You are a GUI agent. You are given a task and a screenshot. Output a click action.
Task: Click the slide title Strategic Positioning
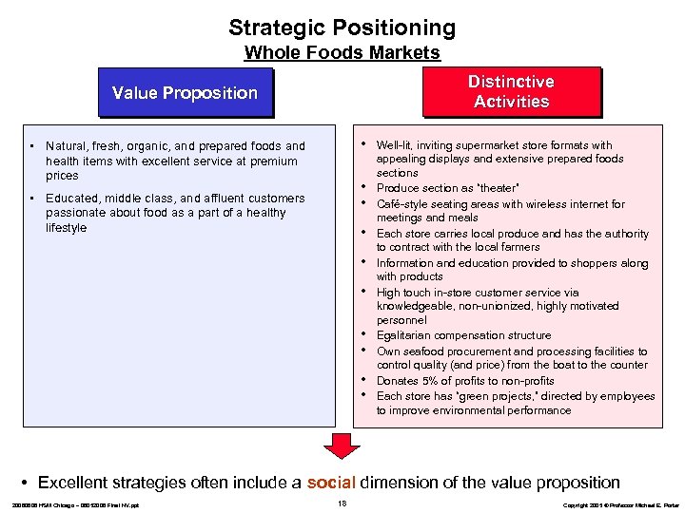tap(342, 28)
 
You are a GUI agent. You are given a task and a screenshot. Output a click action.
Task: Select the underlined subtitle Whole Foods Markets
tap(342, 53)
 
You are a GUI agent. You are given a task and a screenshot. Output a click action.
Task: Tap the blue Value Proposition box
tap(185, 93)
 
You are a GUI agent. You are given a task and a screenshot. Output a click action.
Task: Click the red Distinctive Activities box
tap(511, 91)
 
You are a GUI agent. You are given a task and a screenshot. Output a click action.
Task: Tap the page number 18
tap(342, 503)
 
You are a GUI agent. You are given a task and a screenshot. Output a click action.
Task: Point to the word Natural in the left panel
tap(66, 146)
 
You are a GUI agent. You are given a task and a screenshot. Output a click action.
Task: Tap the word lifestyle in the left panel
tap(66, 228)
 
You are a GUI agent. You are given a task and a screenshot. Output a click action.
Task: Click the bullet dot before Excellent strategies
tap(28, 484)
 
